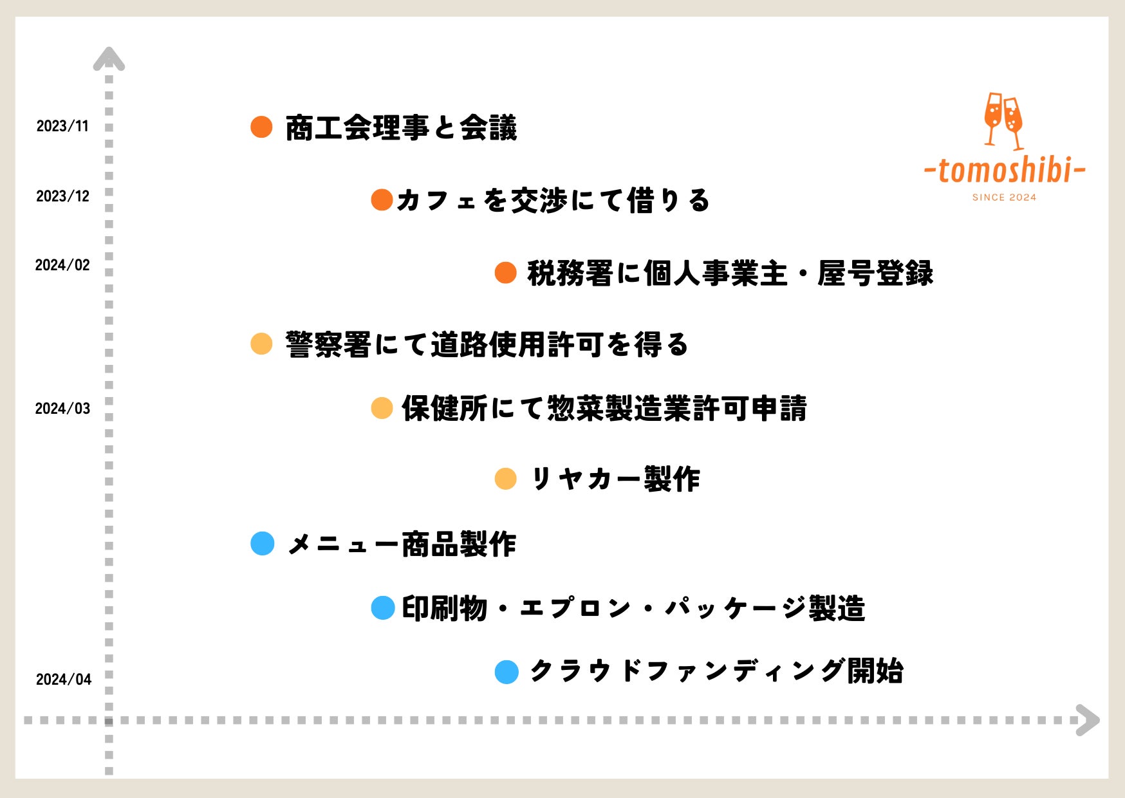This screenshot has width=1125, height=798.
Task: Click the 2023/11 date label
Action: coord(62,126)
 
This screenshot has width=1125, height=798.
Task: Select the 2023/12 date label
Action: coord(62,196)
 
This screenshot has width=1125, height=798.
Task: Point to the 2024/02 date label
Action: coord(62,265)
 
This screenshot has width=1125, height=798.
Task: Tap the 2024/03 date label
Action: coord(62,409)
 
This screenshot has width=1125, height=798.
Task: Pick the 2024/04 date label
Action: coord(64,680)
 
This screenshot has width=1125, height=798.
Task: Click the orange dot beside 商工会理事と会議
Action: coord(261,127)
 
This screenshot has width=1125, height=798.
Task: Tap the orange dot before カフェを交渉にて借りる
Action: coord(382,199)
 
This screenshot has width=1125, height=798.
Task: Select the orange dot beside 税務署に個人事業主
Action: coord(506,272)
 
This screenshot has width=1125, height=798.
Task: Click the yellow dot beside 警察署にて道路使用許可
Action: coord(261,344)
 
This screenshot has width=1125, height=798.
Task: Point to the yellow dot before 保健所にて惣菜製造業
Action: coord(382,408)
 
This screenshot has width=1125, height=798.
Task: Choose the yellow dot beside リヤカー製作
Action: coord(506,479)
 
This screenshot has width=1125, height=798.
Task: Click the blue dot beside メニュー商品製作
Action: coord(263,543)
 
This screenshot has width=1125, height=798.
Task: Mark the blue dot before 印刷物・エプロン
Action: coord(383,608)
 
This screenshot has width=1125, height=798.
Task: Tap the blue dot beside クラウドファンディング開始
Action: coord(507,672)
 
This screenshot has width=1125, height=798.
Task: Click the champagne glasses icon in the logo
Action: coord(1003,121)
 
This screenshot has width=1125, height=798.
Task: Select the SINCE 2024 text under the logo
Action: coord(1005,198)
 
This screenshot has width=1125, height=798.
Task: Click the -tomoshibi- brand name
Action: coord(1005,170)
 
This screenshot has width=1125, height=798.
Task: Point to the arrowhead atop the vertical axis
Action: coord(109,59)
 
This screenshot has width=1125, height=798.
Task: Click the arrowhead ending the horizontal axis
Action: coord(1088,720)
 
